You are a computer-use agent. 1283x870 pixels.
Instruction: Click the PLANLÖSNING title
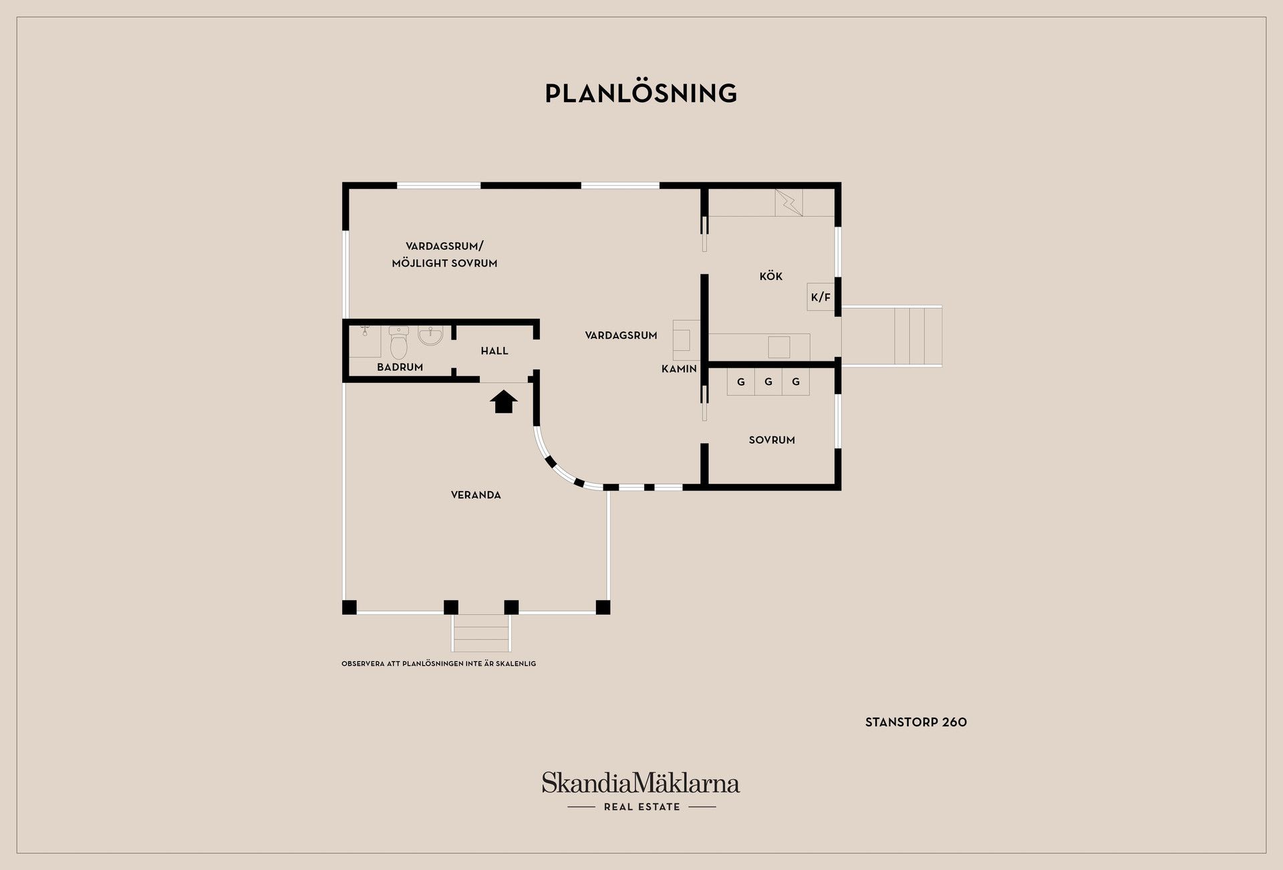point(641,93)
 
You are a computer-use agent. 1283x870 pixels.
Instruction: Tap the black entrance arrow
point(504,402)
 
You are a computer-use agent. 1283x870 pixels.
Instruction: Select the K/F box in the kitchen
point(821,297)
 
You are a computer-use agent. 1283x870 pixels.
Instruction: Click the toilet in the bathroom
point(398,342)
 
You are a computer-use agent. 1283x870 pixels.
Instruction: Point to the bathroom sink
point(430,335)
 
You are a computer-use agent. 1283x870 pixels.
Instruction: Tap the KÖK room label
point(770,276)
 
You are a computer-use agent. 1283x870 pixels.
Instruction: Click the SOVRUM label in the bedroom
point(772,440)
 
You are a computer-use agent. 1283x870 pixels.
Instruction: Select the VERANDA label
point(476,495)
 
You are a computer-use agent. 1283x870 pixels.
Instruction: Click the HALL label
point(494,351)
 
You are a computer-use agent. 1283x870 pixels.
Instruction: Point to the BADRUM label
point(400,367)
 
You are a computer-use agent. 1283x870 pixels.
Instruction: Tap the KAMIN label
point(679,369)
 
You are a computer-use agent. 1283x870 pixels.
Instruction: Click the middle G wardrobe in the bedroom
point(768,382)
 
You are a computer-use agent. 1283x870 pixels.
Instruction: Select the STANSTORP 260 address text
point(916,722)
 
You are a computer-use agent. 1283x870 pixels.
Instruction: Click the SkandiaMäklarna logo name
point(641,782)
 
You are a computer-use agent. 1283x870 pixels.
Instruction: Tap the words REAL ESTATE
point(641,807)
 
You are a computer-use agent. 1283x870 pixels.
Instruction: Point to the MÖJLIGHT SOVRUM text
point(444,263)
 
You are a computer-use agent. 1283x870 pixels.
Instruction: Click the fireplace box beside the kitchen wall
point(686,335)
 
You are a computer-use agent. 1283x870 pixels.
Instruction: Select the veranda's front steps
point(481,633)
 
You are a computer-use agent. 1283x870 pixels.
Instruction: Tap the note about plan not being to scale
point(438,664)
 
